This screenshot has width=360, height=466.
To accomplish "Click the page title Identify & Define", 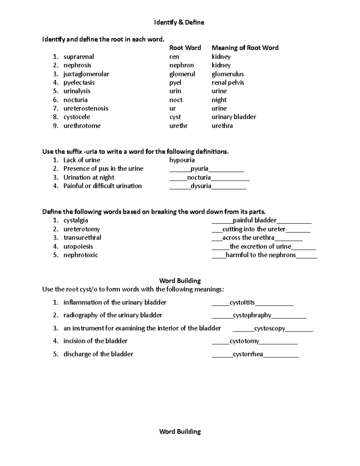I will point(179,23).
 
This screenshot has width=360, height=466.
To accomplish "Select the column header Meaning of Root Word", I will point(245,48).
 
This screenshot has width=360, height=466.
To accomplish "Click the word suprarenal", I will point(79,57).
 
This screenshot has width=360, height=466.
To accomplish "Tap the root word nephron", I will point(181,65).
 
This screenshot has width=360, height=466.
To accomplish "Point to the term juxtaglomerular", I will point(86,74).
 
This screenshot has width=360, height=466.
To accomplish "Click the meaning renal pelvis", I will point(228,83).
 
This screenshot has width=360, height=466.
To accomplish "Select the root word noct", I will point(176,100).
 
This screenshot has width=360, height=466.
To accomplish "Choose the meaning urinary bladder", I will point(234,117).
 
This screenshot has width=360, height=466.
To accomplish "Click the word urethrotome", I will point(82,126).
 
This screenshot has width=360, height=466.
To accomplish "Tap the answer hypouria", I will point(182,160).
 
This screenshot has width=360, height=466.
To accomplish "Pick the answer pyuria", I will point(199,169).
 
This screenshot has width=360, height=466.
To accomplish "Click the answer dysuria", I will point(201,186).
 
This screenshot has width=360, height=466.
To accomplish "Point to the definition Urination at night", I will point(89,177).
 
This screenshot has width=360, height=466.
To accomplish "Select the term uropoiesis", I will point(78,246).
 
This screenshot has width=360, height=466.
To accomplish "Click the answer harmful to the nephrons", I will point(261,255).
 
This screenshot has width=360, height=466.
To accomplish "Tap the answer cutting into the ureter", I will point(254,229).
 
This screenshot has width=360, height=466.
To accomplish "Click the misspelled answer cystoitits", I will point(242,302).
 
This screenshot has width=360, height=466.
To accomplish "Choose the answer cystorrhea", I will point(248,354).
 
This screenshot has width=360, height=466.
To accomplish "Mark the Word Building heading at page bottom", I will point(180,431).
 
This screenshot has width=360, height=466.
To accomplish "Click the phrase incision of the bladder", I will point(95,341).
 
